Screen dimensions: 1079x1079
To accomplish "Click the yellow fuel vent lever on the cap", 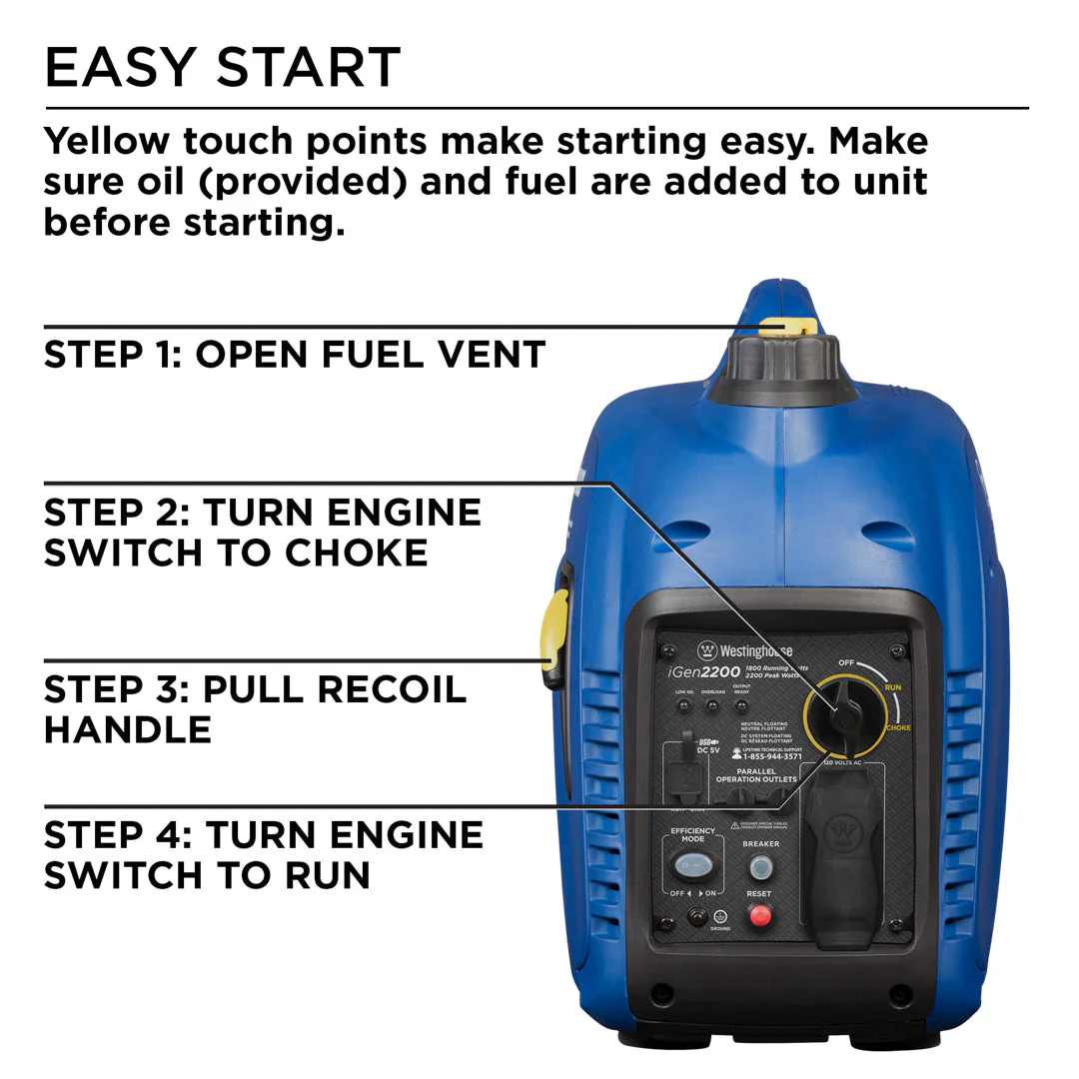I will [787, 328].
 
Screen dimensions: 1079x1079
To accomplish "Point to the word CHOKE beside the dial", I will [897, 727].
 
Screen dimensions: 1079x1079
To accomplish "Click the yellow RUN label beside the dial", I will [892, 688].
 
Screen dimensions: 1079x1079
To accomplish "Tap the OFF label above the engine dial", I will [846, 662].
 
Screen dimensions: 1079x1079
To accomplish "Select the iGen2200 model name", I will [705, 672].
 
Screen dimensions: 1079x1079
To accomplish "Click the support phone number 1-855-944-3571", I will [772, 756].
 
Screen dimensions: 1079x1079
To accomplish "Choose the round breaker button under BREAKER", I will [761, 866].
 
